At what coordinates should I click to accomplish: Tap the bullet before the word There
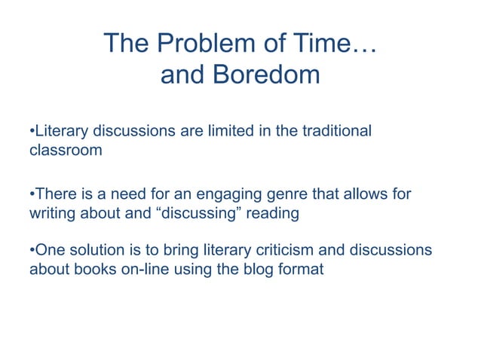click(32, 194)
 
